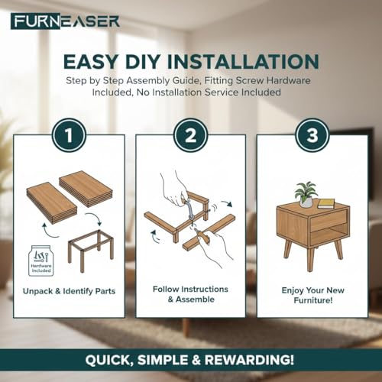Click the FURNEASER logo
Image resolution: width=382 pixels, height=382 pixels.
(65, 21)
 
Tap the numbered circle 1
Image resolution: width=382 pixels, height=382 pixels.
(69, 136)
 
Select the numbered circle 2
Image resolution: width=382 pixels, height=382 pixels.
(190, 136)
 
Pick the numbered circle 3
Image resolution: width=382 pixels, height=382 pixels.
(312, 136)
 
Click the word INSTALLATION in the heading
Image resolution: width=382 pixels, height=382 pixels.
(243, 61)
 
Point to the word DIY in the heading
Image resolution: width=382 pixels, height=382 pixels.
(141, 61)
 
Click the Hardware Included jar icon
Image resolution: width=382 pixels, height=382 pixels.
(41, 261)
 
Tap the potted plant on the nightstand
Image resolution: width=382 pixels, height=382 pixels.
(306, 194)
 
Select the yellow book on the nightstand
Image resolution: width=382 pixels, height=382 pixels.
(326, 203)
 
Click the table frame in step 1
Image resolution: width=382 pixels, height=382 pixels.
(91, 251)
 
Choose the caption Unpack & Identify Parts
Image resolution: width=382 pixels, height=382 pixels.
(69, 291)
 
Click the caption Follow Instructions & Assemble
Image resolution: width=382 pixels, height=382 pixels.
(190, 294)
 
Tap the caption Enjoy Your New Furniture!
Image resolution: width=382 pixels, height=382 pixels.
(312, 295)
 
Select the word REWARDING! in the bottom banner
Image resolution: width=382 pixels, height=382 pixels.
(249, 360)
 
